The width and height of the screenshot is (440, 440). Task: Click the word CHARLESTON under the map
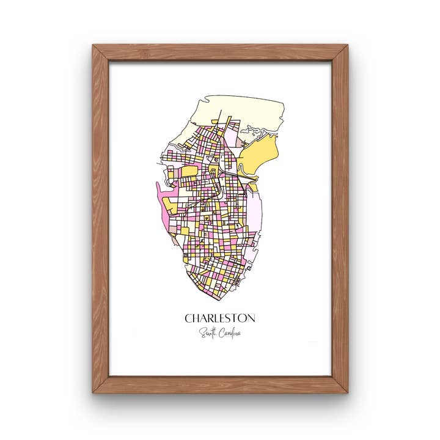pos(220,318)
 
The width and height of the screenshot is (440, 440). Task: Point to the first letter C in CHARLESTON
pos(188,318)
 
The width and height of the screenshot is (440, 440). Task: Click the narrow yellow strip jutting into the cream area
pos(228,125)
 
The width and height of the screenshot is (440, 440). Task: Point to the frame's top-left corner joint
pos(100,53)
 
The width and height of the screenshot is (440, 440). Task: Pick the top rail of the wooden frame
pos(220,53)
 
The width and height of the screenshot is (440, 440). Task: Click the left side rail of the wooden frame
pos(100,220)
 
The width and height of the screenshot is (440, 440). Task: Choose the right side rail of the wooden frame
pos(340,220)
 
